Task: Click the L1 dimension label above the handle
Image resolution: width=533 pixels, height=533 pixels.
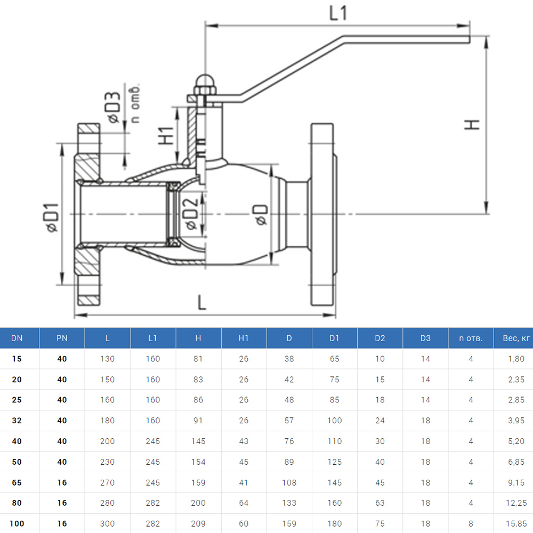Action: point(338,13)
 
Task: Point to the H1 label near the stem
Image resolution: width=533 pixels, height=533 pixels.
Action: point(167,136)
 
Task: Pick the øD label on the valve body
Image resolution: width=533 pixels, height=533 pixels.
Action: point(261,214)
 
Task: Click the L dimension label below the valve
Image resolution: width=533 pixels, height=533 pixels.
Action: point(201,303)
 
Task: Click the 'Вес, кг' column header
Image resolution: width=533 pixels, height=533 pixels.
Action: point(516,338)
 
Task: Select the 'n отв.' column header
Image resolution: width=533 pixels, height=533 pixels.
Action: point(471,338)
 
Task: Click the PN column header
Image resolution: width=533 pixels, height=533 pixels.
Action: point(62,338)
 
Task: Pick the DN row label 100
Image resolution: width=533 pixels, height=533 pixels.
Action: point(17,523)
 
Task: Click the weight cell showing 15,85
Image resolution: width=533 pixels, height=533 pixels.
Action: point(516,523)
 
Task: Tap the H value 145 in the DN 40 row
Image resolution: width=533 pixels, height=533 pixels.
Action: point(198,441)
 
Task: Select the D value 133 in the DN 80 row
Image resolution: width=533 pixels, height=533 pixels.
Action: point(289,503)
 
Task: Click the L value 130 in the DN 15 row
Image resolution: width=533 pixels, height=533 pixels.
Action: point(107,359)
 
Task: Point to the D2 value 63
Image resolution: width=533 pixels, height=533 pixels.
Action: point(379,503)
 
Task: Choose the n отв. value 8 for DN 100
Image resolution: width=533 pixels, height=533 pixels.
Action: point(471,523)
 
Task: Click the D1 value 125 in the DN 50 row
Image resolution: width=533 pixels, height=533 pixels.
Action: point(334,462)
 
